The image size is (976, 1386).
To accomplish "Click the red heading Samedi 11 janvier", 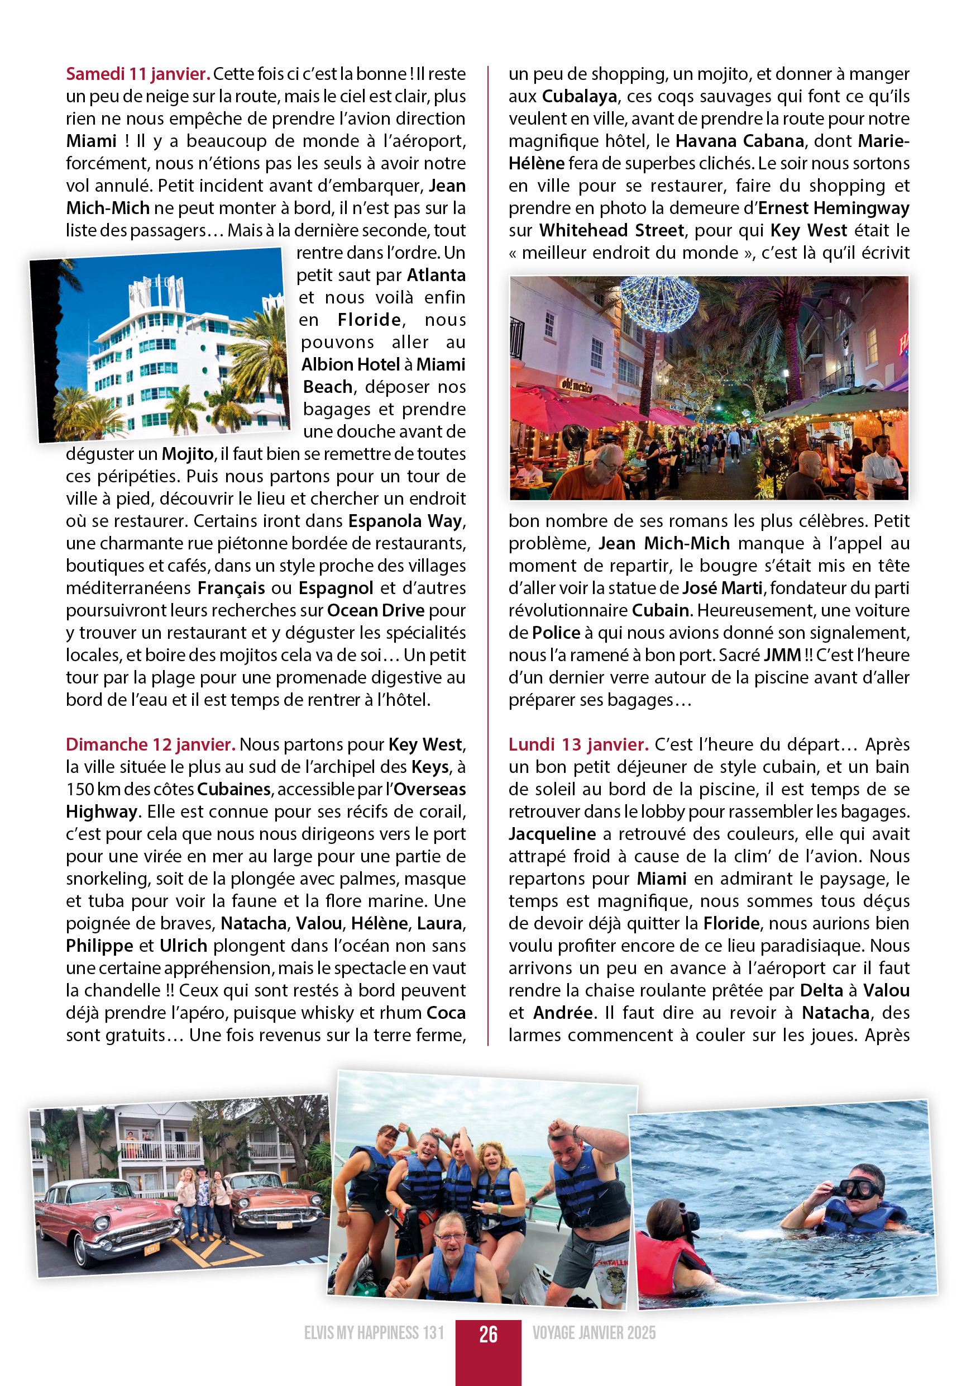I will click(138, 74).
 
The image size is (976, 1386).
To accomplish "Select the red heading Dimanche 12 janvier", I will click(150, 744).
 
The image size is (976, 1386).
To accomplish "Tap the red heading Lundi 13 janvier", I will click(578, 744).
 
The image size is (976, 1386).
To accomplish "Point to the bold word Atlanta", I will click(436, 276).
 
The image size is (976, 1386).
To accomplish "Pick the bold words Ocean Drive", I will click(376, 610).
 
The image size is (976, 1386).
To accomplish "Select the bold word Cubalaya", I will click(579, 97).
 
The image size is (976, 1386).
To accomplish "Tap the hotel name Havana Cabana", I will click(740, 141).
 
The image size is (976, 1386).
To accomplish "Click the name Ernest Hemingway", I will click(834, 208).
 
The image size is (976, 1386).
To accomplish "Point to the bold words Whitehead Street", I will click(611, 231).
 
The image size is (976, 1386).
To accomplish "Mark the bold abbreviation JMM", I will click(782, 655).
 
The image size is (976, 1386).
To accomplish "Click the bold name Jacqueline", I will click(552, 834).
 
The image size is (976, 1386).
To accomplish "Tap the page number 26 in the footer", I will click(488, 1334).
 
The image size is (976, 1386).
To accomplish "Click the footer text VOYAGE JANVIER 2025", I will click(594, 1333).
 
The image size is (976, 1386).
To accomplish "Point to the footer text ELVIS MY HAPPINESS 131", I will click(374, 1333).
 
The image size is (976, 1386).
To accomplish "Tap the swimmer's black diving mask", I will click(858, 1189).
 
